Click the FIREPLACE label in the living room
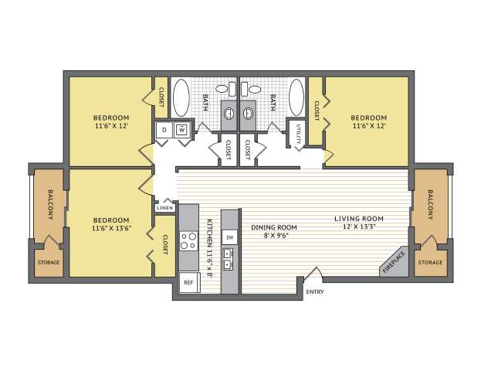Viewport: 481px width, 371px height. point(395,262)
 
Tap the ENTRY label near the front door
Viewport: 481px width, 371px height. point(315,291)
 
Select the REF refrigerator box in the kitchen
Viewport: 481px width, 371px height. point(188,282)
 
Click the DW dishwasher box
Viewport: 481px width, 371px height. point(229,237)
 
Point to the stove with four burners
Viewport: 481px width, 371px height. point(188,241)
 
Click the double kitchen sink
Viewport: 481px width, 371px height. point(228,259)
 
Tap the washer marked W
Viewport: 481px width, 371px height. point(182,130)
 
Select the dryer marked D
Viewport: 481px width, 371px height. point(164,130)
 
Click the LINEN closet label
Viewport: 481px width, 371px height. point(164,208)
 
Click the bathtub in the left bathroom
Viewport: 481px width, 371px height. point(181,97)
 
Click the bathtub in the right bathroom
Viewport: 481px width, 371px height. point(296,97)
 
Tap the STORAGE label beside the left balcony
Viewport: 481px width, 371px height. point(49,262)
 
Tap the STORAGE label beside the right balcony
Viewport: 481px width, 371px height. point(430,262)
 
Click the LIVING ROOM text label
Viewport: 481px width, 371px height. point(359,219)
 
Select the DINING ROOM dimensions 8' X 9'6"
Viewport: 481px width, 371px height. point(273,236)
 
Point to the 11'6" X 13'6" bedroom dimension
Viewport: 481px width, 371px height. point(111,228)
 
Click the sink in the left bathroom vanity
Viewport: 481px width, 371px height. point(229,114)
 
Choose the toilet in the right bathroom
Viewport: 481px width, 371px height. point(251,89)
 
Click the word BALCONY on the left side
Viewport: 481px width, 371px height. point(51,205)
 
